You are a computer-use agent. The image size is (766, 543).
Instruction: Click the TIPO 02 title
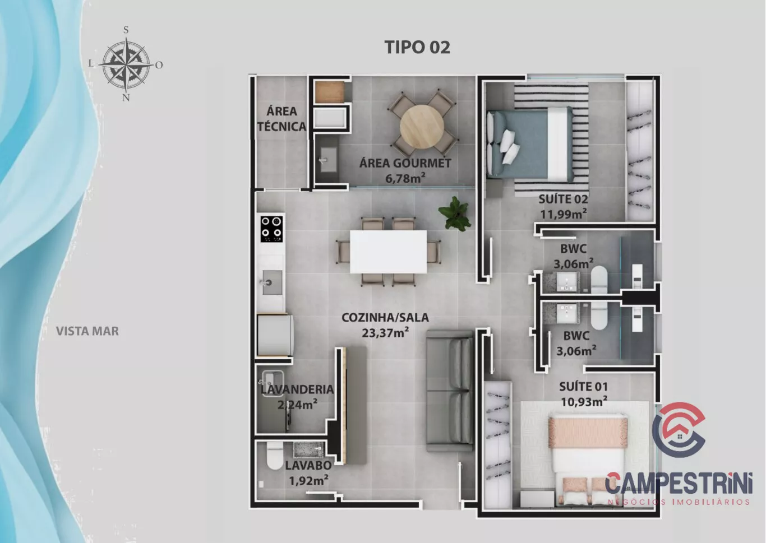point(417,47)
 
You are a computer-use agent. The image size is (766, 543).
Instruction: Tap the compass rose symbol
point(126,64)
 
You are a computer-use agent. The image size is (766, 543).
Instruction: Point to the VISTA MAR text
point(87,331)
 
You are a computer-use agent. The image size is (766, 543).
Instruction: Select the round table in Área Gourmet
point(422,127)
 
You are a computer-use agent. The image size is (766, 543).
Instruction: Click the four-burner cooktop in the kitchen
point(272,229)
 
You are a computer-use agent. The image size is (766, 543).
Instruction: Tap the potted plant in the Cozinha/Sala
point(454,214)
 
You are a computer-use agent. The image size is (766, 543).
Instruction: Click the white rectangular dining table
point(388,252)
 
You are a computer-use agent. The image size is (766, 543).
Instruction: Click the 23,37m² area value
point(385,332)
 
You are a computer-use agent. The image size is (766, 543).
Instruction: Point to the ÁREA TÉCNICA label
point(282,119)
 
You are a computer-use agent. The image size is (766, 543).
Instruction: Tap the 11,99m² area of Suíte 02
point(564,214)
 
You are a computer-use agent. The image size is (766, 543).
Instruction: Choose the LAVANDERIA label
point(297,389)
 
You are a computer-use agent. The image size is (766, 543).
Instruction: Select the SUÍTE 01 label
point(583,387)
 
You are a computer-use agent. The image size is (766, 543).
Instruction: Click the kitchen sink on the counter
point(272,282)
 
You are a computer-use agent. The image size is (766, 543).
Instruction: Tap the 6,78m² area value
point(405,178)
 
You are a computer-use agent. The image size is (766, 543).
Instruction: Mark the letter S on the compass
point(126,30)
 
